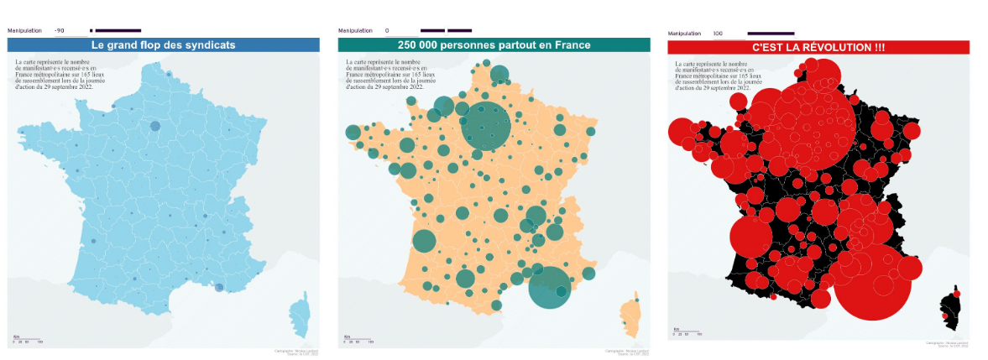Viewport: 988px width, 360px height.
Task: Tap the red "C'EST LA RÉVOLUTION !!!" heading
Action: coord(818,47)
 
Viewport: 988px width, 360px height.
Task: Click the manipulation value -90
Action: coord(60,30)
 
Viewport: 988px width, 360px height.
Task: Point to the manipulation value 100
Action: coord(718,34)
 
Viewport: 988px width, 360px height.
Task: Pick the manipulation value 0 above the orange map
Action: coord(387,30)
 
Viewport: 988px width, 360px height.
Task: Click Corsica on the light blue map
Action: coord(300,317)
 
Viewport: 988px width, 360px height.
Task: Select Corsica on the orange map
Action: coord(630,315)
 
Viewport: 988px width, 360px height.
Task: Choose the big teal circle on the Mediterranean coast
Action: coord(550,287)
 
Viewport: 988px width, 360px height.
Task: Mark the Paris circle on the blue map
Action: coord(154,126)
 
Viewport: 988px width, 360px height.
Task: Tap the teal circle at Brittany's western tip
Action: coord(353,133)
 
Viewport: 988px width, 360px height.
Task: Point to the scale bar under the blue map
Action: coord(28,340)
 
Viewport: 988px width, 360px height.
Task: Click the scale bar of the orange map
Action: coord(358,340)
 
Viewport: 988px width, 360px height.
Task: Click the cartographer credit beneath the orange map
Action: coord(630,351)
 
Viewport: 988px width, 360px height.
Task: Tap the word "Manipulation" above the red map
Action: coord(684,34)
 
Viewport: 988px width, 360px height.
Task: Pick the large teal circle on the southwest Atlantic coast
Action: coord(425,242)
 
